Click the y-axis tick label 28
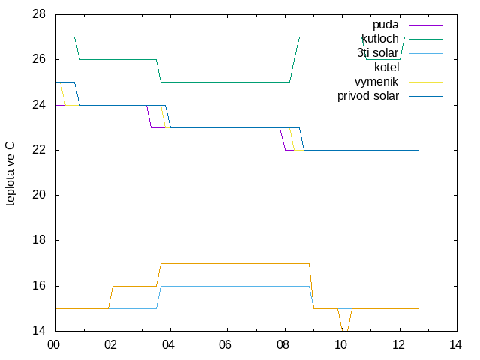click(39, 14)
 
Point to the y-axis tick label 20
click(39, 195)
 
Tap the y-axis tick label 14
click(39, 331)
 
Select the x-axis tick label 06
click(225, 345)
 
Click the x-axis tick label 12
click(398, 345)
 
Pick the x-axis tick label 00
click(53, 345)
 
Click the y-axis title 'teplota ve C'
click(10, 174)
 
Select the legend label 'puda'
click(385, 25)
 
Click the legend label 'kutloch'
click(380, 39)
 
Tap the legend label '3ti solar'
click(378, 53)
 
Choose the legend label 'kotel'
click(387, 67)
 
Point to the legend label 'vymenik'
click(376, 82)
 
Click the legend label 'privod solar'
click(368, 96)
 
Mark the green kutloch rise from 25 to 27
click(295, 59)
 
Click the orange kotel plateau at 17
click(235, 263)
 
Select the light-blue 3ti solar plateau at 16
click(235, 286)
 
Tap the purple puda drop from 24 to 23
click(148, 116)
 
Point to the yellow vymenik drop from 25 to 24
click(63, 94)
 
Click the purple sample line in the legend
click(425, 25)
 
